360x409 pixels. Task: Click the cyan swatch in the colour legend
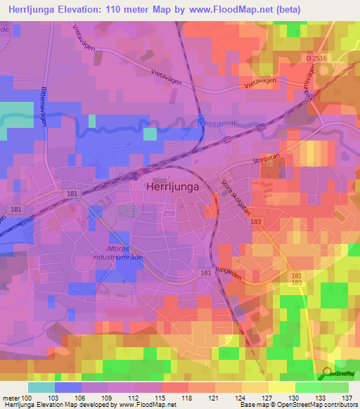[x=41, y=387]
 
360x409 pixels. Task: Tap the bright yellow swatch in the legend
[x=281, y=387]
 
